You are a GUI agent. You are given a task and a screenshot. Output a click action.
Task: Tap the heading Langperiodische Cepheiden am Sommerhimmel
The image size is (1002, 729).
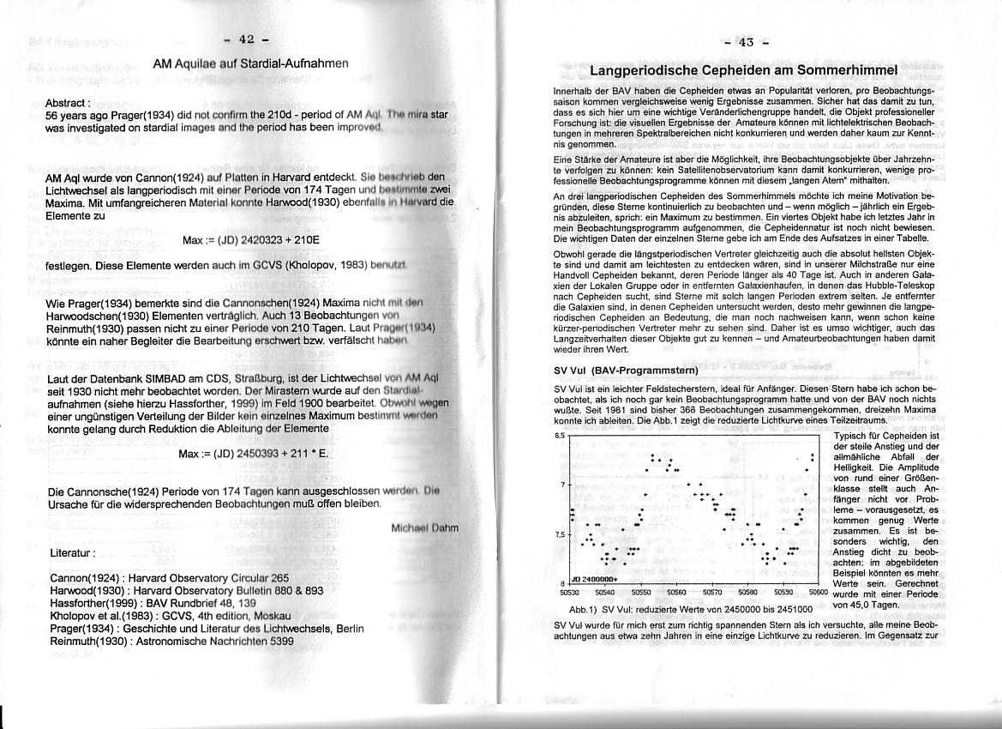(x=744, y=69)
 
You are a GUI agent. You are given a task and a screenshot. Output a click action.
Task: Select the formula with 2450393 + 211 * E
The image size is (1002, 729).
(x=253, y=453)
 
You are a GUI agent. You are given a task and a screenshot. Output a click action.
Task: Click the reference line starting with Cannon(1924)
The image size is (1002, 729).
(x=170, y=578)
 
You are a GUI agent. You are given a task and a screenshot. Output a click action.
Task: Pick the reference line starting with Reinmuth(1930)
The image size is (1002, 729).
(x=172, y=641)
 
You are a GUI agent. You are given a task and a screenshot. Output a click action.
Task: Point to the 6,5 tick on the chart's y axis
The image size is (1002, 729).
(x=561, y=436)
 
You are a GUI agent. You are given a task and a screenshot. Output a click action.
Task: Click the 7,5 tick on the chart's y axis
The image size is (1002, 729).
(x=561, y=535)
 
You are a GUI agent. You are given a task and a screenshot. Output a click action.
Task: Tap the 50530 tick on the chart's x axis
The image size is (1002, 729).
(x=570, y=592)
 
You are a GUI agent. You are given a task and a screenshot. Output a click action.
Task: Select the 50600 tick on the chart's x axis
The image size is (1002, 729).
(x=819, y=592)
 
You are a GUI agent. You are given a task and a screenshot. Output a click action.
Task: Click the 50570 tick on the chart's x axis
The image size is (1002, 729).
(x=712, y=592)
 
